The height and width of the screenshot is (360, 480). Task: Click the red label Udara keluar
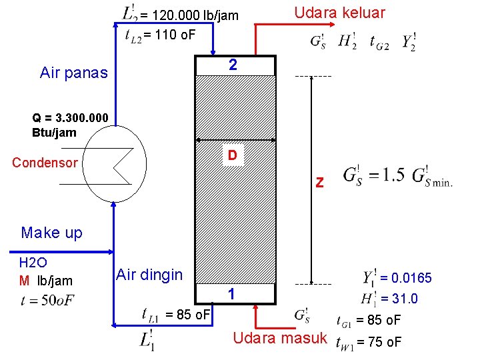(x=339, y=13)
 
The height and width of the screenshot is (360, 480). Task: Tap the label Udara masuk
(x=280, y=338)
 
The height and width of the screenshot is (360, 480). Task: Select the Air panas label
(x=73, y=73)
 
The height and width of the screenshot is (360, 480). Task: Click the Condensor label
(x=45, y=163)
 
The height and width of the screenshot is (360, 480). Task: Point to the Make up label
(x=52, y=233)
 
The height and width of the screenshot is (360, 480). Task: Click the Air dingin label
(x=149, y=274)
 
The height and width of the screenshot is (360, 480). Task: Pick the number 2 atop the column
(x=233, y=65)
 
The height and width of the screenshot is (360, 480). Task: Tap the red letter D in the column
(x=232, y=155)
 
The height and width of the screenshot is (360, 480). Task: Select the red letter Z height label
(x=320, y=182)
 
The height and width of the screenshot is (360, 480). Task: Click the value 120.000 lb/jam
(x=193, y=15)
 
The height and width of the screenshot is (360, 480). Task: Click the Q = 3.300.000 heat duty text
(x=70, y=125)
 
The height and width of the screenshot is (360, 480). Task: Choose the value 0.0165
(x=410, y=277)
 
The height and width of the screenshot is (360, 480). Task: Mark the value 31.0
(x=403, y=299)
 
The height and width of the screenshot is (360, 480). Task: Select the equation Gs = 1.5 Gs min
(x=397, y=177)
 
